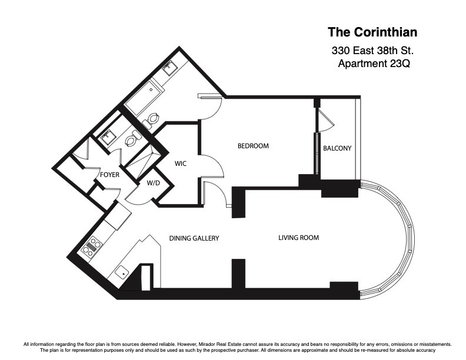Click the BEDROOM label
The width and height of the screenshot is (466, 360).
click(253, 146)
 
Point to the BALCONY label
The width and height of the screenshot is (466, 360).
click(337, 148)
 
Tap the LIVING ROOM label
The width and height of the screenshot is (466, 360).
click(298, 238)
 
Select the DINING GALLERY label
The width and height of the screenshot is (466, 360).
click(194, 238)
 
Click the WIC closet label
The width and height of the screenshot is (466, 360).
click(181, 164)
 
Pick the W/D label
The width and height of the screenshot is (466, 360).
click(153, 183)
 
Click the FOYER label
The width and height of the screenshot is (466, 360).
click(109, 175)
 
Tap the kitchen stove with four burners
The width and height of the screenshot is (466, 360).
click(91, 247)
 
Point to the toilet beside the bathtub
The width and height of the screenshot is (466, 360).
click(152, 119)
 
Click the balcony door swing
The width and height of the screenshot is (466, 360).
click(325, 121)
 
